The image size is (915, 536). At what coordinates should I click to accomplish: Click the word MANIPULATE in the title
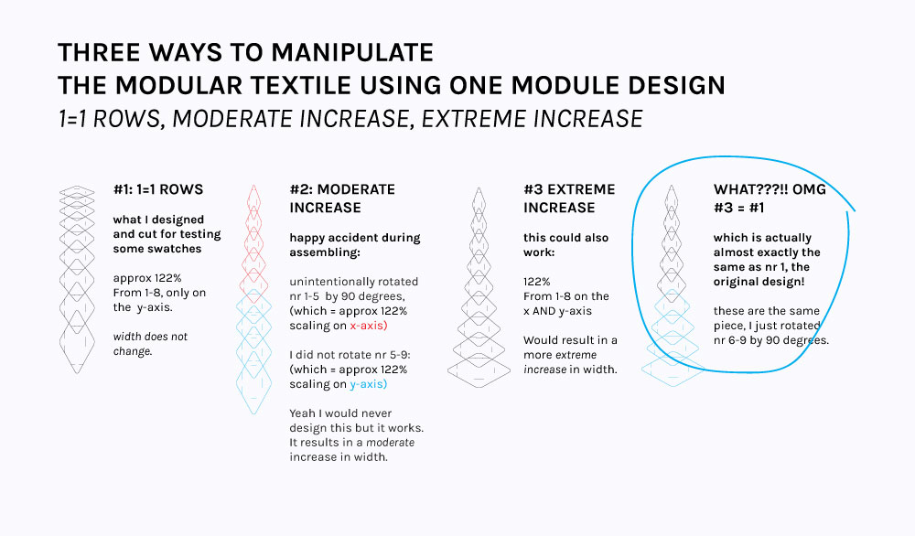pyautogui.click(x=352, y=52)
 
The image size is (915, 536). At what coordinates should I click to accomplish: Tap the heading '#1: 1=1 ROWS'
pyautogui.click(x=158, y=189)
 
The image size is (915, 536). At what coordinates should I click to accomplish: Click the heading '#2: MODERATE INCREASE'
pyautogui.click(x=342, y=198)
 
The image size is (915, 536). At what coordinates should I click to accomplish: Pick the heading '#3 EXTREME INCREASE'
pyautogui.click(x=569, y=198)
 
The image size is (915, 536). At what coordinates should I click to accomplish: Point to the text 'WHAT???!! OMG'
pyautogui.click(x=770, y=189)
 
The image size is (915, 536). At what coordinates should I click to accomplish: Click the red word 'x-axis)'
pyautogui.click(x=368, y=326)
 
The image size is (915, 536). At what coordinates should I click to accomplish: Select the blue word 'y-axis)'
pyautogui.click(x=368, y=384)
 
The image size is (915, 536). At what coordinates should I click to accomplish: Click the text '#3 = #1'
pyautogui.click(x=738, y=208)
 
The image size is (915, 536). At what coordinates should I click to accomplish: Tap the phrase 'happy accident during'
pyautogui.click(x=355, y=238)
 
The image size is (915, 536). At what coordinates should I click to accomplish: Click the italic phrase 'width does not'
pyautogui.click(x=151, y=337)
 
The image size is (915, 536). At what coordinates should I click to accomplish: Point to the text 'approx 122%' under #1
pyautogui.click(x=147, y=278)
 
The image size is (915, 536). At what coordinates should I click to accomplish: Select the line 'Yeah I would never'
pyautogui.click(x=340, y=413)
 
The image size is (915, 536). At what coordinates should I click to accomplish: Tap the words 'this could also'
pyautogui.click(x=566, y=238)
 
